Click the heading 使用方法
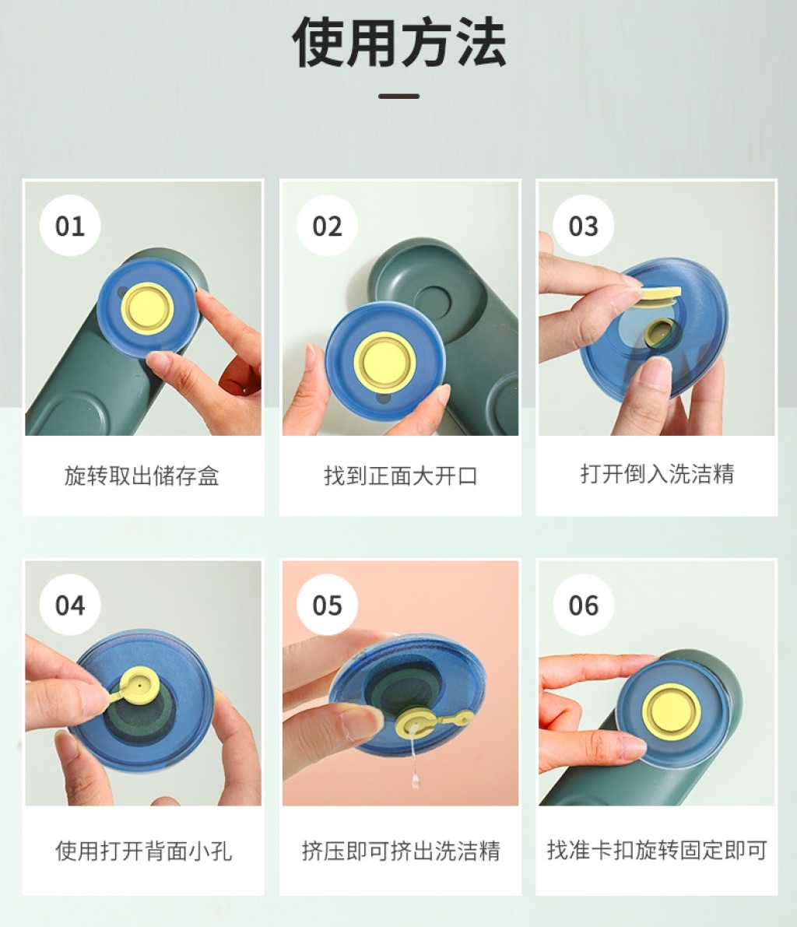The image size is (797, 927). tap(399, 42)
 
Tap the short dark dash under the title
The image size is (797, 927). tap(399, 96)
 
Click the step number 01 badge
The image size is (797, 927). tap(70, 226)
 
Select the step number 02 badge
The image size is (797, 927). tap(327, 226)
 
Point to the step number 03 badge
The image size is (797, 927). tap(584, 226)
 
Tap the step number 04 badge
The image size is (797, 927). tap(70, 605)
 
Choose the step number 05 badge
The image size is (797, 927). tap(327, 605)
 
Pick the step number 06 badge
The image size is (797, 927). tap(584, 605)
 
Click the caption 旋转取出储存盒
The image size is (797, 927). tap(142, 476)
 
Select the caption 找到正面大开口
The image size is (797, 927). tap(400, 476)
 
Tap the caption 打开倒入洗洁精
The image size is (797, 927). tap(657, 473)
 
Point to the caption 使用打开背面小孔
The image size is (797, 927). tap(143, 851)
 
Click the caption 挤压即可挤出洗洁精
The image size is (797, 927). tap(401, 851)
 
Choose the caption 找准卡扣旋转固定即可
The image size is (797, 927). tap(657, 849)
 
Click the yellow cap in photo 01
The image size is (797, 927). tap(148, 308)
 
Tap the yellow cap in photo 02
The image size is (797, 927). tap(385, 360)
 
